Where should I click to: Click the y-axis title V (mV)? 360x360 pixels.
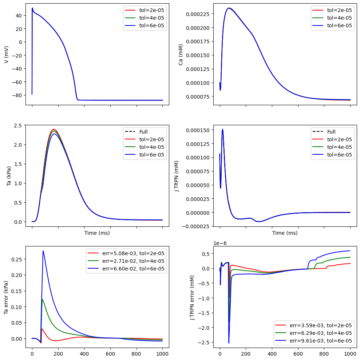point(6,55)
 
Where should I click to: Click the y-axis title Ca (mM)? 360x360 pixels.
point(181,55)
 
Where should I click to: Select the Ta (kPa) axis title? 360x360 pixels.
point(9,176)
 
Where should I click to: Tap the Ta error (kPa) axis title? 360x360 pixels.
point(6,297)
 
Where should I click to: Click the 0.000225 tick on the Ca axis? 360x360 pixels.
point(198,14)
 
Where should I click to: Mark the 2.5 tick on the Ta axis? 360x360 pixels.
point(18,126)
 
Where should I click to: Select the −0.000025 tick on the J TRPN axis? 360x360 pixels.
point(196,227)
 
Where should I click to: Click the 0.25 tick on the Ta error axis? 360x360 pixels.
point(17,259)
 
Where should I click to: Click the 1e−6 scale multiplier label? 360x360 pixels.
point(220,243)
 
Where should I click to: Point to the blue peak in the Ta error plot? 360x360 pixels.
point(43,251)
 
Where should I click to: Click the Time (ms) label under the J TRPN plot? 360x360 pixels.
point(285,233)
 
